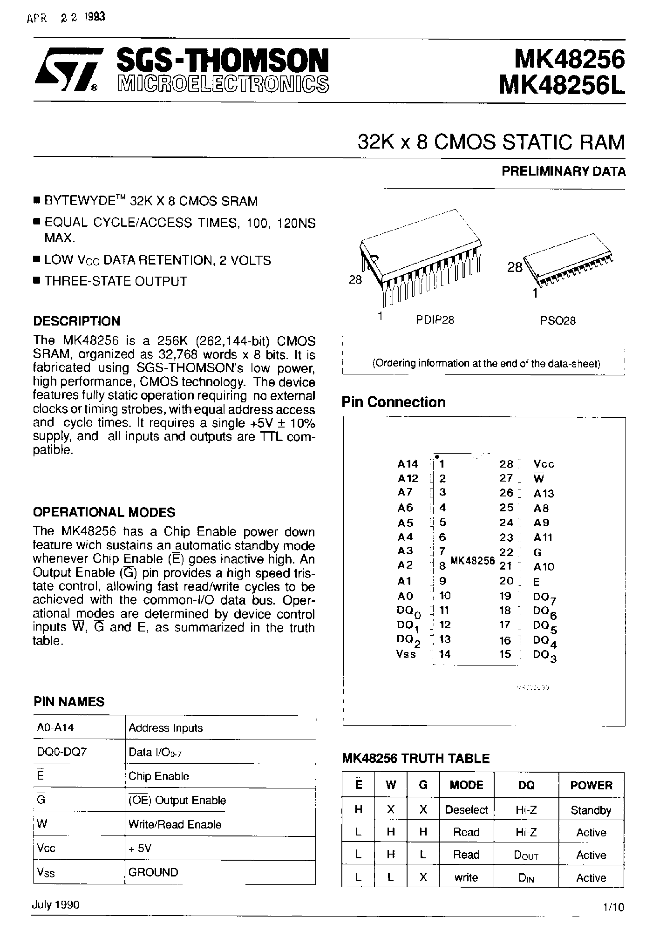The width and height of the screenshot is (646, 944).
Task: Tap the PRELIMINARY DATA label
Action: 563,171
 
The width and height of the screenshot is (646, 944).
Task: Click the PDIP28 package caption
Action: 435,320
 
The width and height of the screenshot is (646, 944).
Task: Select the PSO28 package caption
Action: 558,321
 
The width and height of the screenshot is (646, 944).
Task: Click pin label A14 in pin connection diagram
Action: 408,464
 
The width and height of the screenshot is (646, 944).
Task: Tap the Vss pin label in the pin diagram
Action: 406,654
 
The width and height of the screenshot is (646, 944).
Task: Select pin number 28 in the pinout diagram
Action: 506,464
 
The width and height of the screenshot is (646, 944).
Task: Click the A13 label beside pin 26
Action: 544,494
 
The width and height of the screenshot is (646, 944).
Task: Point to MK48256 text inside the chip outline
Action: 472,561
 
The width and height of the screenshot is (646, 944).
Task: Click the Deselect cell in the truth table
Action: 466,810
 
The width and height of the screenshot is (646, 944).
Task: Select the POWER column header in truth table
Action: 591,785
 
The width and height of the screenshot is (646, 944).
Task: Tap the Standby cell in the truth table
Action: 591,810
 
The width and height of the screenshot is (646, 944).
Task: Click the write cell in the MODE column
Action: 466,878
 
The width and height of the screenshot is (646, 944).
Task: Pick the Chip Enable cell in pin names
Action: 159,776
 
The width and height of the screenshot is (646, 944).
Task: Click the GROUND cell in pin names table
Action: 153,872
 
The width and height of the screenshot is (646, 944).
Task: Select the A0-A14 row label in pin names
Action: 55,727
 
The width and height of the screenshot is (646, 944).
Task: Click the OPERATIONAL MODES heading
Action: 104,512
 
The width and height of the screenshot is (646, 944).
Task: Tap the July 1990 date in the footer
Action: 56,904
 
